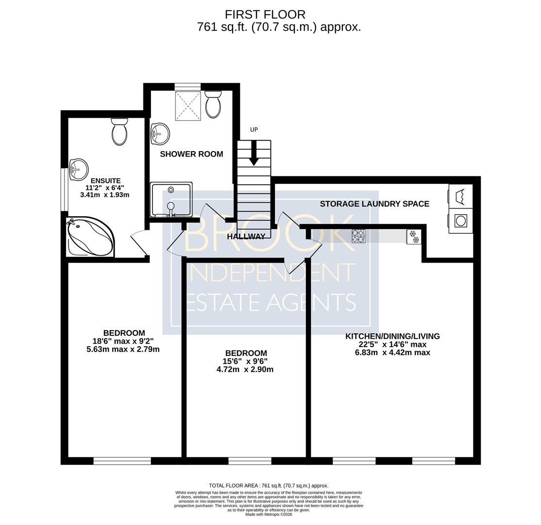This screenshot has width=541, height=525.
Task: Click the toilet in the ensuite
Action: pos(120,132)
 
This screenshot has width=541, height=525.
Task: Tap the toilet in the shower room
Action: pos(213,104)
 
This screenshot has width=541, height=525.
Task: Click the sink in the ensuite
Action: pos(78,169)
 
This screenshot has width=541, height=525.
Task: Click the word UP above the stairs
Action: pos(254,130)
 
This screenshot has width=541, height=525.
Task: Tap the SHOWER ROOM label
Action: pos(191,154)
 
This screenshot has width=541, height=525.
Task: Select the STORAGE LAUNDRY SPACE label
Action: pos(375,204)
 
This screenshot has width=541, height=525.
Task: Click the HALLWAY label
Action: pos(246,237)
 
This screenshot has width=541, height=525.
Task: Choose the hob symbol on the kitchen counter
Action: pos(358,236)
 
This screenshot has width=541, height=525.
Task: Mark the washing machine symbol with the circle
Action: pos(460,220)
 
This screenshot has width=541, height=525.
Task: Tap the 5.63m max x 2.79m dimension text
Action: pos(123,349)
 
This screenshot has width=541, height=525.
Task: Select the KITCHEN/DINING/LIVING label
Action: pos(393,336)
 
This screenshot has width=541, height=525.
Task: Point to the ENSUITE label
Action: pos(105,181)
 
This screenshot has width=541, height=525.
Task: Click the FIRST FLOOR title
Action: pos(265,15)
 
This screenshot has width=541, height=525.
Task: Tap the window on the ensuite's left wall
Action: pos(64,189)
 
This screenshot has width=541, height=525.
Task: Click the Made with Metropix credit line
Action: pos(269,514)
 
